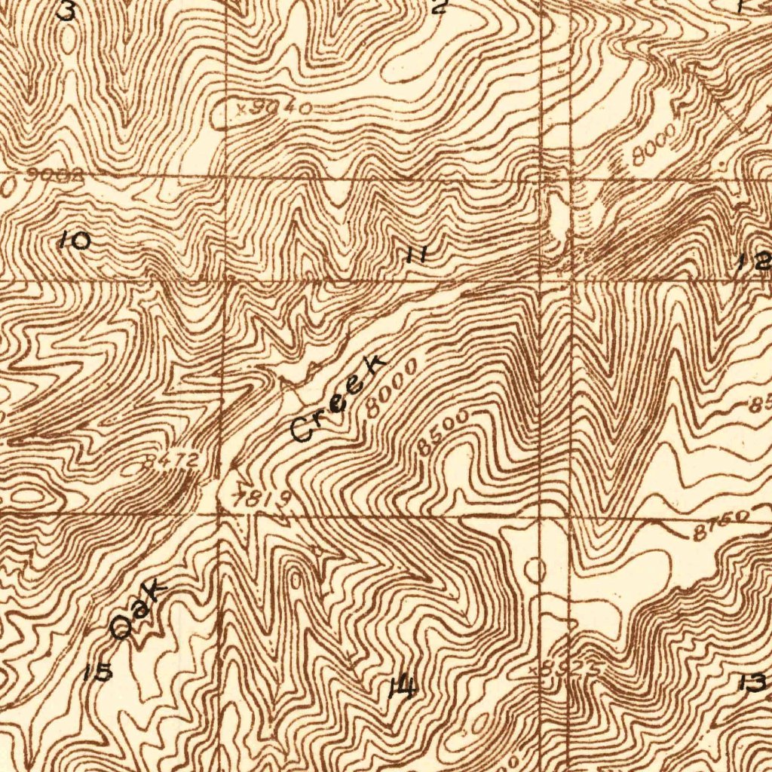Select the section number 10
tap(75, 241)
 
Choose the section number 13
tap(754, 684)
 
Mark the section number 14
tap(402, 687)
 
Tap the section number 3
tap(67, 11)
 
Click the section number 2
tap(440, 8)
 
